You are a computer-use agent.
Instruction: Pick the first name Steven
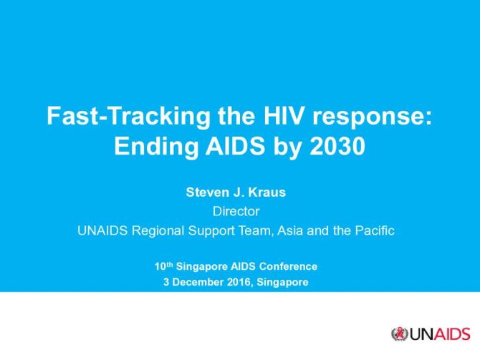coord(206,192)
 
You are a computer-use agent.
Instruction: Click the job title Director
coord(240,211)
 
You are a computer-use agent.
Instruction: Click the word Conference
coord(291,266)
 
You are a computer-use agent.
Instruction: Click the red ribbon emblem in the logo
coord(400,334)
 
